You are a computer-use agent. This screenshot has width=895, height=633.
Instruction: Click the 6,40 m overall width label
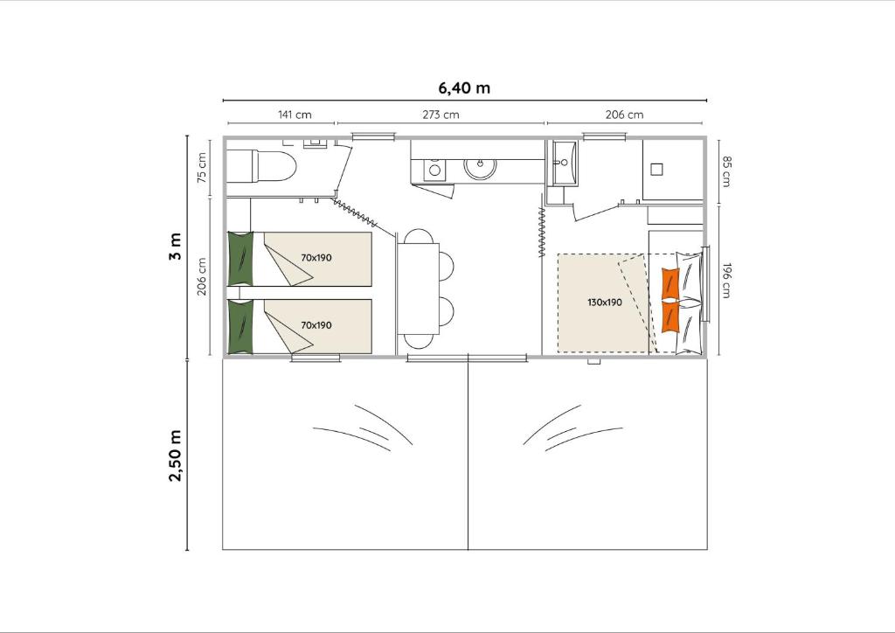(x=464, y=88)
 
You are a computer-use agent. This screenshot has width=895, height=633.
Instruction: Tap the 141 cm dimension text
(x=295, y=115)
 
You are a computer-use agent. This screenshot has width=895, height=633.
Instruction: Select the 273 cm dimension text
(x=441, y=115)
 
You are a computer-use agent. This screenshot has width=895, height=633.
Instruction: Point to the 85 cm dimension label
(x=726, y=171)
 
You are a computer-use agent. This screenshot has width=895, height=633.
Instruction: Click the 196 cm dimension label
(x=726, y=281)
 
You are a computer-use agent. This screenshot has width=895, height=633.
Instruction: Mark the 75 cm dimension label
(x=202, y=168)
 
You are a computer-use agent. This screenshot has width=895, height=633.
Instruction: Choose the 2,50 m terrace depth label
(x=175, y=456)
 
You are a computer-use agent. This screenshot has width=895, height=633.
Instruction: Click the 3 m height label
(x=175, y=247)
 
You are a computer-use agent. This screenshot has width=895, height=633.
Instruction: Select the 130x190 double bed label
(x=605, y=302)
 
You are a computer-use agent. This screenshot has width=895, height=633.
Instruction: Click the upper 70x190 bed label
(x=316, y=257)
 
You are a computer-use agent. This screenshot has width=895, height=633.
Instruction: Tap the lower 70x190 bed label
(x=316, y=324)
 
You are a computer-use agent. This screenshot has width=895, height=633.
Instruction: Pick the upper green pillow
(x=240, y=259)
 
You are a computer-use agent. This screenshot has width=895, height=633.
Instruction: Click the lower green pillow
(x=240, y=326)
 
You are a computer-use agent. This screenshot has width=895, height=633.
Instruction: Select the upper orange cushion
(x=670, y=282)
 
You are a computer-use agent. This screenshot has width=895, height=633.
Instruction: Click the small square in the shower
(x=656, y=170)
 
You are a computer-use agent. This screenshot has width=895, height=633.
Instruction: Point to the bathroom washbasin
(x=564, y=163)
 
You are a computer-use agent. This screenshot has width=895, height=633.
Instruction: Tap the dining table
(x=419, y=289)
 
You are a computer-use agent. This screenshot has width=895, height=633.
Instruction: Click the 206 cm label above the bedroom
(x=624, y=115)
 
